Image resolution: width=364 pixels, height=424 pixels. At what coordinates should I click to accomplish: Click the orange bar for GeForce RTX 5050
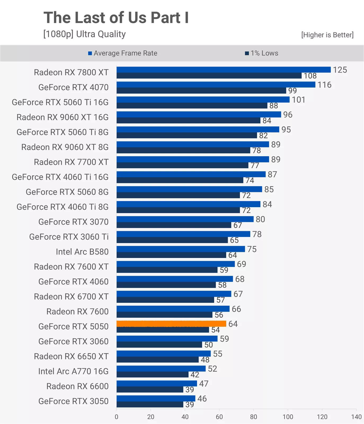(x=171, y=323)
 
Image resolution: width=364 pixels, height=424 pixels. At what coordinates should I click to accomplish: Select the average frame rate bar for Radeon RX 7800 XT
(x=223, y=70)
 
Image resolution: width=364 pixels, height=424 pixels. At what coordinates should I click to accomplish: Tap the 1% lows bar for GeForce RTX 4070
(x=201, y=91)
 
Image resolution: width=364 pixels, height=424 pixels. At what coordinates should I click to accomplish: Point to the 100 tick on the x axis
(x=288, y=417)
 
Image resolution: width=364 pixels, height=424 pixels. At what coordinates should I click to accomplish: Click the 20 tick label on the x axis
(x=150, y=417)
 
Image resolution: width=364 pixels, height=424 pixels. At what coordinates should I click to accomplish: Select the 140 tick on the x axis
(x=356, y=417)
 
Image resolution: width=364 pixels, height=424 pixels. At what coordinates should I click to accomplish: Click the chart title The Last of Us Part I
(x=116, y=17)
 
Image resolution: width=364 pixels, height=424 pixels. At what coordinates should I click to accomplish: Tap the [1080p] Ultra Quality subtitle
(x=85, y=34)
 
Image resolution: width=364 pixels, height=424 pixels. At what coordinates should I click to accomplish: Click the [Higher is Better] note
(x=327, y=35)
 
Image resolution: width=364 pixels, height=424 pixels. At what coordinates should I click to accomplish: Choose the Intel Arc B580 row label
(x=82, y=252)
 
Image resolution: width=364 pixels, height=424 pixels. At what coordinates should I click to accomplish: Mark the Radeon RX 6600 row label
(x=77, y=386)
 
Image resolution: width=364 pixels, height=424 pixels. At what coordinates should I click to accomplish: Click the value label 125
(x=340, y=70)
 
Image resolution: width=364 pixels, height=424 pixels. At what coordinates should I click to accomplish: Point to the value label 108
(x=310, y=76)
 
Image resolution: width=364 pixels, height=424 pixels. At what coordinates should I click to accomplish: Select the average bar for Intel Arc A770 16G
(x=161, y=368)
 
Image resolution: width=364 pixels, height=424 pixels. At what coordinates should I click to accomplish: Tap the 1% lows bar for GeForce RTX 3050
(x=150, y=404)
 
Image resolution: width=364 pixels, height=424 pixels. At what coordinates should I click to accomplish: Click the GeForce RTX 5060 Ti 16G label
(x=60, y=102)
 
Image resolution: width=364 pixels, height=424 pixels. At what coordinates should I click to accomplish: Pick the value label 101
(x=299, y=100)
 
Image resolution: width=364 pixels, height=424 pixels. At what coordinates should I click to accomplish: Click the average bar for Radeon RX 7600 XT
(x=175, y=264)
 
